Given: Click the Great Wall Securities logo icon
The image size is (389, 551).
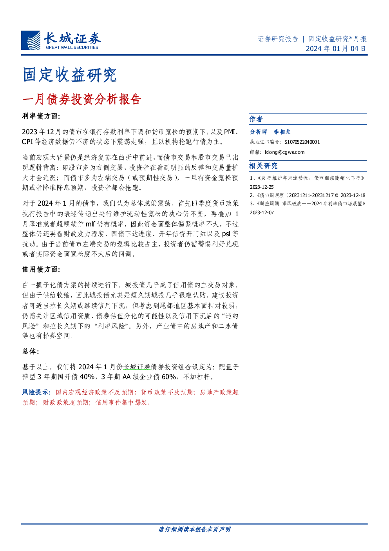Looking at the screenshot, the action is [31, 40].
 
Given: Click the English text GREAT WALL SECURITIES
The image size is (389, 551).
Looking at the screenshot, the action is [72, 47].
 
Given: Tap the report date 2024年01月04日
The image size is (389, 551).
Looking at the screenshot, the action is [336, 48].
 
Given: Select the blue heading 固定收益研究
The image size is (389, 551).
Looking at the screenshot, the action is [70, 75].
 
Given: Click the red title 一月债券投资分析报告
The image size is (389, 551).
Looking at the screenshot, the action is [82, 99].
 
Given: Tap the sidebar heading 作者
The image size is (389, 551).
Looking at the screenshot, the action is [256, 119].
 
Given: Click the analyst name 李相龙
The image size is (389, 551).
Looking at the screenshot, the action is [282, 132].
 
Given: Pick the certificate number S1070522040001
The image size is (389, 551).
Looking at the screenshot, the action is [302, 142].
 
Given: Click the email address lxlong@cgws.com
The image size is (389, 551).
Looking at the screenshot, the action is [285, 152].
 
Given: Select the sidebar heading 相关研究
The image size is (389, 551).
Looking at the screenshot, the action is [263, 166].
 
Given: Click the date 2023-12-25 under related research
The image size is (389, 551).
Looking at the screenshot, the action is [262, 187].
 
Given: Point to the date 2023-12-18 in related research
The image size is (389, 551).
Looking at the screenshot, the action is [353, 195].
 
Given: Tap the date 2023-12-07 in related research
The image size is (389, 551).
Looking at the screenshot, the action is [262, 213].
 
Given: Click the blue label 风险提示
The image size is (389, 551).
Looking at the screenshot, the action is [36, 392].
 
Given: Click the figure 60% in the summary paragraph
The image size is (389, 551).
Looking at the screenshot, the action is [169, 377].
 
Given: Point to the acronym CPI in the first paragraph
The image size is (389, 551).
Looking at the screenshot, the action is [27, 142].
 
